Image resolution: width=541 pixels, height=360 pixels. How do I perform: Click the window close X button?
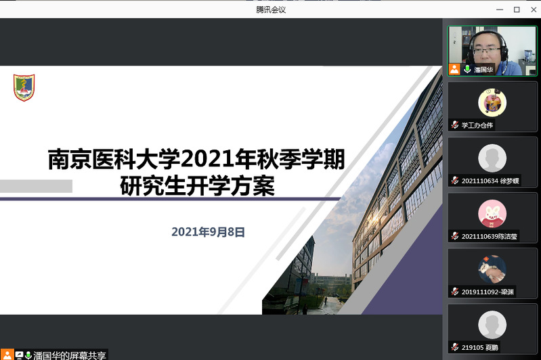coord(534,9)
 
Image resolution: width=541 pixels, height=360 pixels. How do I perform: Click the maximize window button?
coord(517,9)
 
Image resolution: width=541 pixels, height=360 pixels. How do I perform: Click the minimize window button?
coord(500,9)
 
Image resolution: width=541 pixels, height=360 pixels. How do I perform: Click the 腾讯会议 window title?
coord(271,9)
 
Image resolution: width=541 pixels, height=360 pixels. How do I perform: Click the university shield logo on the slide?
coord(24,87)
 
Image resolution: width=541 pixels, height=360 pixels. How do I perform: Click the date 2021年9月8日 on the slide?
coord(208,232)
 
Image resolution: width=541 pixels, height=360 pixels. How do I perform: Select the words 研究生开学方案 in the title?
coord(197,186)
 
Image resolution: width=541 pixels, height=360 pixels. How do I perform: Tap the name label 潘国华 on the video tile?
coord(483,70)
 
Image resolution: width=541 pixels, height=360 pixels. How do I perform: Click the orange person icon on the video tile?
coord(454,69)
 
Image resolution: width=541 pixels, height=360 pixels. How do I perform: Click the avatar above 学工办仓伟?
coord(492,102)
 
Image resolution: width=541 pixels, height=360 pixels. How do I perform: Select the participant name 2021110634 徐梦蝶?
coord(490,181)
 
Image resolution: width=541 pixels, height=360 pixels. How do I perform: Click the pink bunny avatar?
coord(492,213)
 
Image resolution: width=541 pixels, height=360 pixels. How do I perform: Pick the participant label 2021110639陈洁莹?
coord(490,236)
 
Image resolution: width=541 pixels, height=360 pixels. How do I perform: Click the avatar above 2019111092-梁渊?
coord(492,269)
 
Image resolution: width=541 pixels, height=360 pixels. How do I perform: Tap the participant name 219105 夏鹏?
coord(479,347)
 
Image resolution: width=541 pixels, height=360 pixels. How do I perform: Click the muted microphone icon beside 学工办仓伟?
coord(455,125)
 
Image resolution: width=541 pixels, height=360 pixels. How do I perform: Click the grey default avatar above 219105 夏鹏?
coord(492,325)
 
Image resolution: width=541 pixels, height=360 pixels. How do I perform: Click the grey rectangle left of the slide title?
coord(37,186)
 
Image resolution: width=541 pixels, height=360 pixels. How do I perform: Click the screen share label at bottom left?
coord(70,355)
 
